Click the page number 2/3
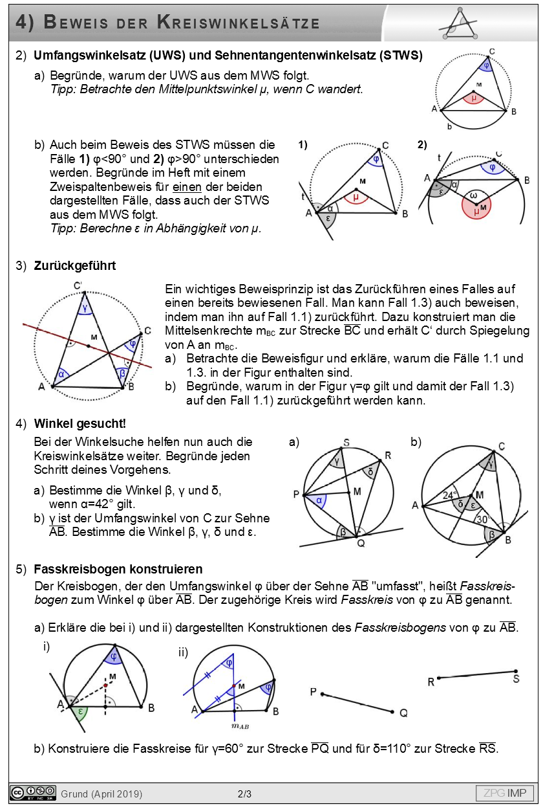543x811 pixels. coord(245,794)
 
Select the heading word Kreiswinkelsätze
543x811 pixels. coord(239,23)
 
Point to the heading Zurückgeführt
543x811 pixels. coord(75,265)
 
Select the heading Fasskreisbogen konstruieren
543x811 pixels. coord(118,570)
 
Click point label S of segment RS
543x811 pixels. coord(516,679)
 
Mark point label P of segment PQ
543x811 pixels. coord(313,693)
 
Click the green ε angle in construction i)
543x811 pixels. coord(80,711)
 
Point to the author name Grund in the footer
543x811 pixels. coord(74,794)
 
